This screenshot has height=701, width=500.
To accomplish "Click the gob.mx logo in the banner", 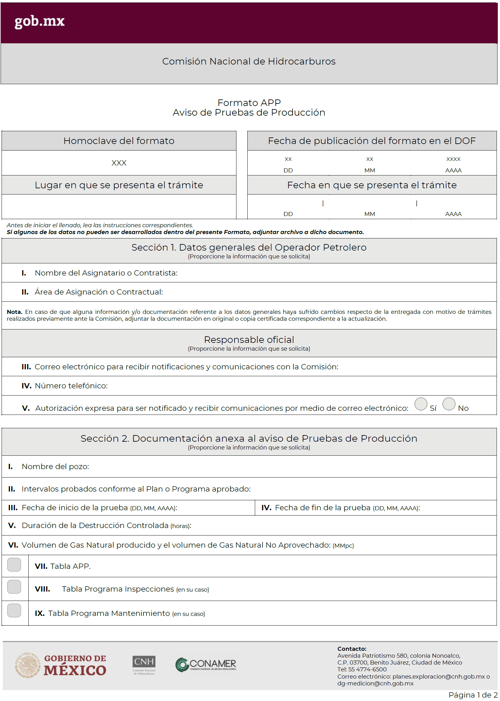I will pyautogui.click(x=40, y=22).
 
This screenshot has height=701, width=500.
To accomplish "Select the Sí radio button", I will pyautogui.click(x=421, y=404).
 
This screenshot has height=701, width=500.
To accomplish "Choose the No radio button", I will pyautogui.click(x=449, y=404).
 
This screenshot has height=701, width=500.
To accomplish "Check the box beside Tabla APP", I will pyautogui.click(x=14, y=564).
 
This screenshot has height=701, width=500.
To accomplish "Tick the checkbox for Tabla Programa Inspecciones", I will pyautogui.click(x=14, y=587).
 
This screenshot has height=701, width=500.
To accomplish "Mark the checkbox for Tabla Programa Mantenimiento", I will pyautogui.click(x=14, y=611).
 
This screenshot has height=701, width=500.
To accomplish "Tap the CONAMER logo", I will pyautogui.click(x=206, y=665).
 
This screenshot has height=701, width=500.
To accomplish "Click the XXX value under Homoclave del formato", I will pyautogui.click(x=119, y=163).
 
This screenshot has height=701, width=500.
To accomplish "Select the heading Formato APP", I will pyautogui.click(x=249, y=103).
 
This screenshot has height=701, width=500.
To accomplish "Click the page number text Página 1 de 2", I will pyautogui.click(x=473, y=695).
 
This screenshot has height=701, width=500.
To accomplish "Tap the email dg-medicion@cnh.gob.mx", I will pyautogui.click(x=375, y=683).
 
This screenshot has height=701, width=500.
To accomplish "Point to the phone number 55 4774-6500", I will pyautogui.click(x=367, y=669).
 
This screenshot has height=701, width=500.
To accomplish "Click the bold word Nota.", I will pyautogui.click(x=14, y=312).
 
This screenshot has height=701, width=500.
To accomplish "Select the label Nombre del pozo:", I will pyautogui.click(x=55, y=467).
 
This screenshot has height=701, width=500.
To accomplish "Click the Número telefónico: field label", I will pyautogui.click(x=71, y=386).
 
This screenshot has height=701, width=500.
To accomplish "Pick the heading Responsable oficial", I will pyautogui.click(x=249, y=339).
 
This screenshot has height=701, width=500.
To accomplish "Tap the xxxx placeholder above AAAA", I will pyautogui.click(x=453, y=159).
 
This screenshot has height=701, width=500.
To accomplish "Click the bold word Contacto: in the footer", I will pyautogui.click(x=352, y=649).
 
